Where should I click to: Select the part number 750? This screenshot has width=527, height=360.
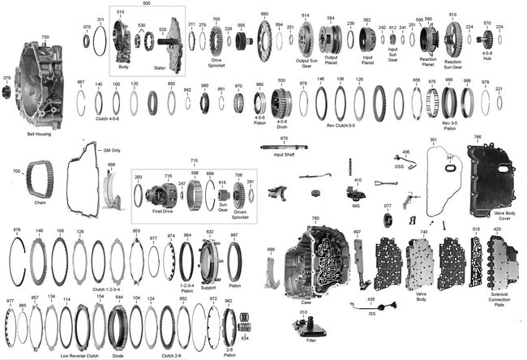[x=45, y=37]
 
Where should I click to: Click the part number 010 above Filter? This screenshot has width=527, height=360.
[x=303, y=311]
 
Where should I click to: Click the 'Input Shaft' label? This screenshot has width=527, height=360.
[x=283, y=152]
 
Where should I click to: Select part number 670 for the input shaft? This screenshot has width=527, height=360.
[x=284, y=139]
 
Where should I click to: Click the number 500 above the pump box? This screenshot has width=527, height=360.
[x=146, y=3]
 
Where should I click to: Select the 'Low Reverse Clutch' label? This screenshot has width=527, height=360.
[x=79, y=355]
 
